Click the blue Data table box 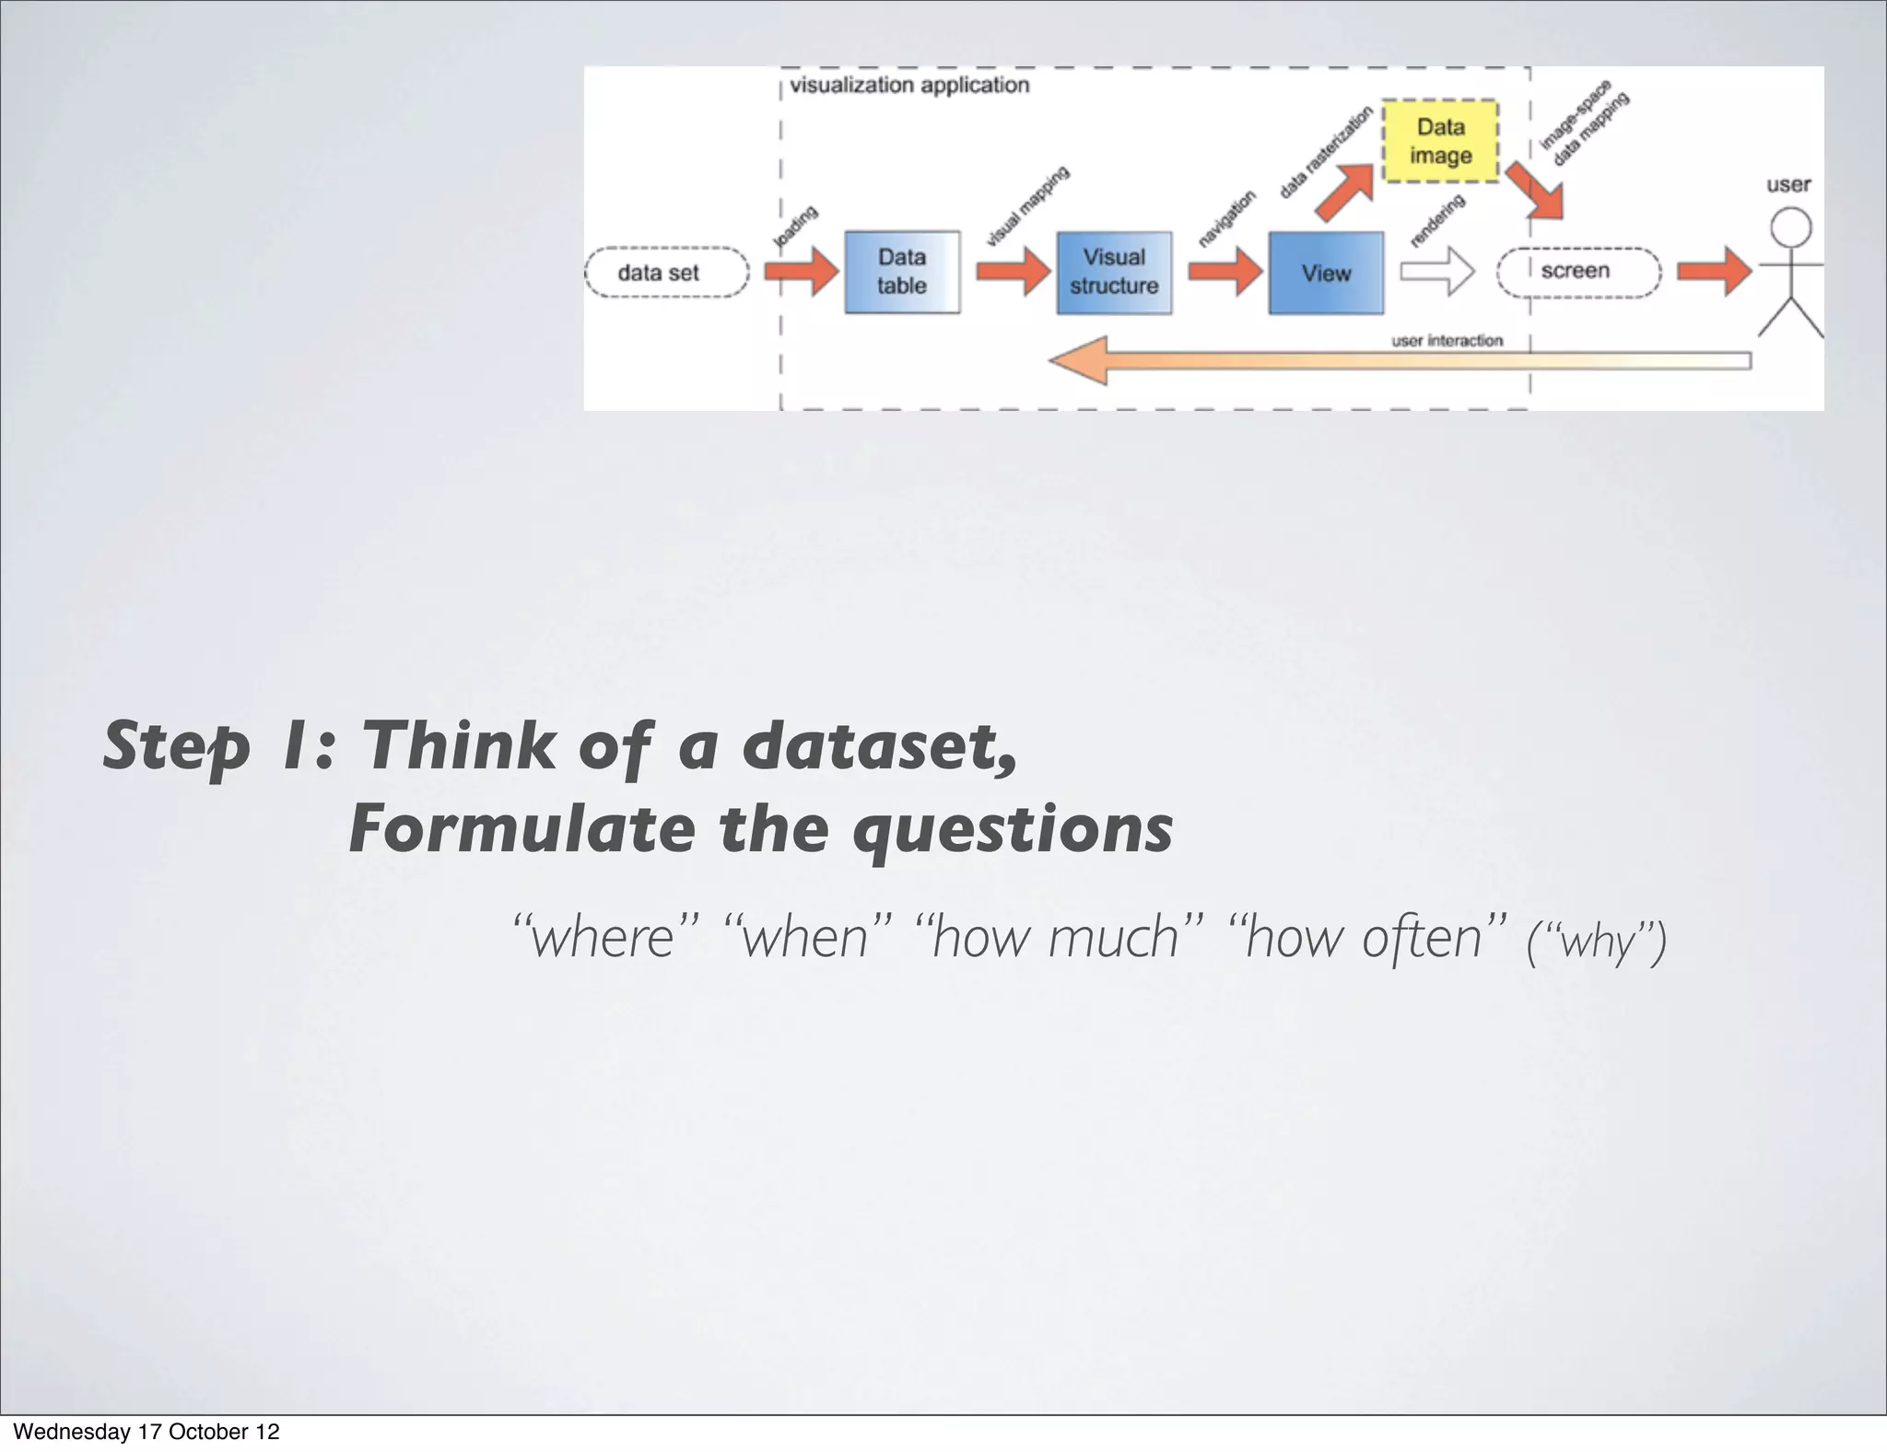(x=901, y=272)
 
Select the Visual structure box (x=1113, y=273)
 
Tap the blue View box (x=1325, y=273)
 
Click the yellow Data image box (x=1439, y=141)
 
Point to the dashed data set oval (x=666, y=273)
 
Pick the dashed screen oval (x=1577, y=272)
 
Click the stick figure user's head (x=1790, y=227)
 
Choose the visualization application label (x=908, y=86)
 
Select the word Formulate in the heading (x=522, y=828)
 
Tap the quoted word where (x=604, y=937)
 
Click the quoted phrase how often (x=1365, y=937)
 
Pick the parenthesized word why (x=1596, y=942)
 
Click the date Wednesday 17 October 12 (x=146, y=1431)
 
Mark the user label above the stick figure (x=1787, y=184)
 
